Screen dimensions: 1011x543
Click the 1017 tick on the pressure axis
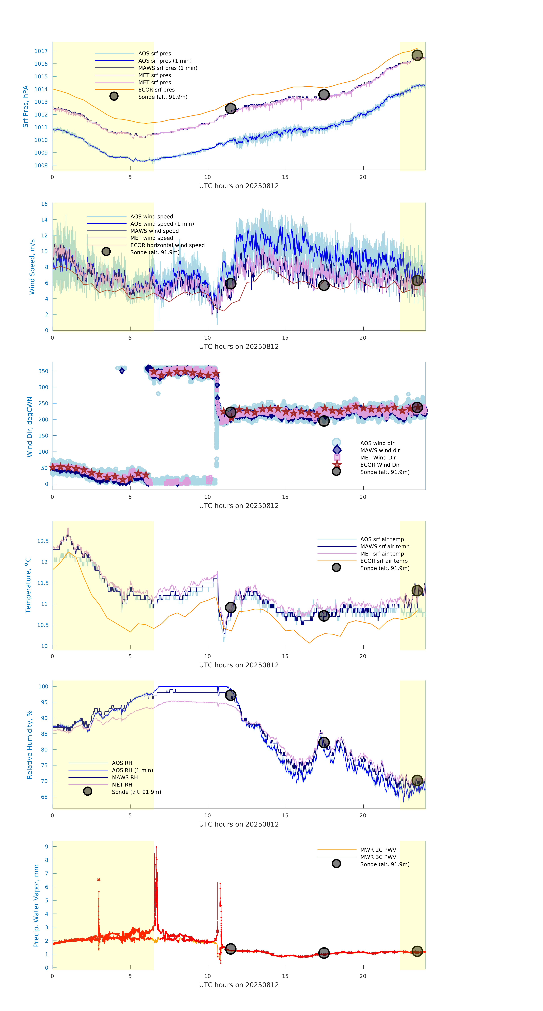pyautogui.click(x=41, y=51)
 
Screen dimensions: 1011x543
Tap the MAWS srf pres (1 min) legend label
pyautogui.click(x=168, y=68)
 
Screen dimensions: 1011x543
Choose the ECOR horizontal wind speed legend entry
pyautogui.click(x=167, y=245)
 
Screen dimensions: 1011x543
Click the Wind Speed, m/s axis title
pyautogui.click(x=32, y=267)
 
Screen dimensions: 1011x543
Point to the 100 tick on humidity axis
pyautogui.click(x=43, y=686)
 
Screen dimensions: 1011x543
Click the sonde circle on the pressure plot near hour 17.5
pyautogui.click(x=324, y=95)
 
